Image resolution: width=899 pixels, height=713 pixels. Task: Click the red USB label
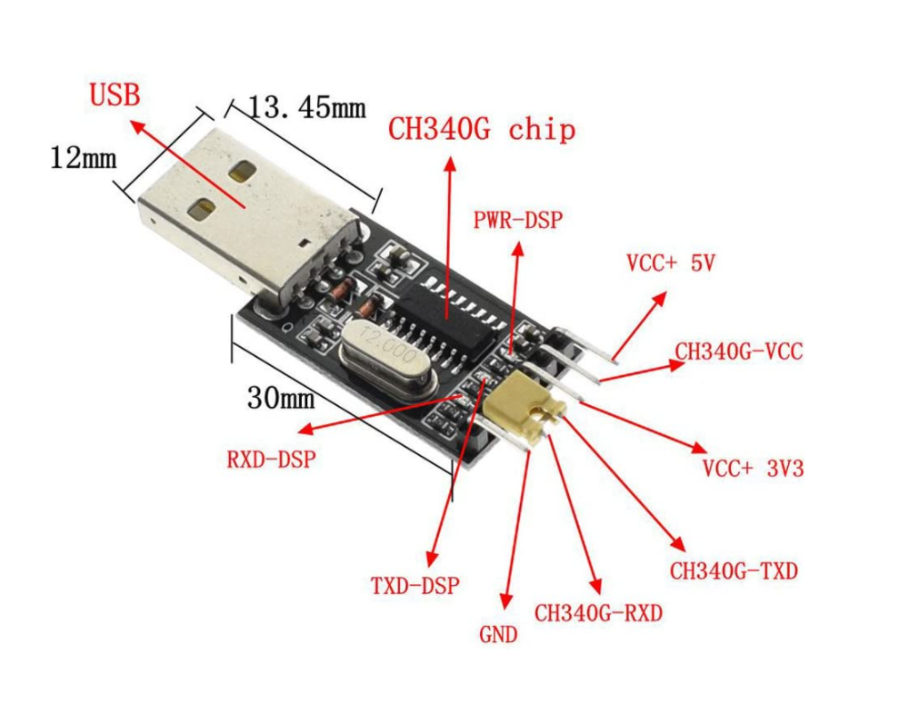point(115,94)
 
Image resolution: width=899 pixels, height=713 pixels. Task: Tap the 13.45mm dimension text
point(306,108)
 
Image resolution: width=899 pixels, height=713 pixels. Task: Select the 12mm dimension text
point(83,157)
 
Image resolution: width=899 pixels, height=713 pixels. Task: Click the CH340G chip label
point(482,129)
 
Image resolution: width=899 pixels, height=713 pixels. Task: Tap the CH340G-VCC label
point(738,351)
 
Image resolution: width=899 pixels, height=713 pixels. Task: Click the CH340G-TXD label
point(734,570)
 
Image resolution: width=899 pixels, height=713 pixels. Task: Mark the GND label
point(498,634)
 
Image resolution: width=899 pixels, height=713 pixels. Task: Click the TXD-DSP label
point(415,585)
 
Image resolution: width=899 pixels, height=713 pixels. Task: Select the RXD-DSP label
point(271,459)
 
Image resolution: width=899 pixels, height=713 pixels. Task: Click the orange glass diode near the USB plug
point(342,291)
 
